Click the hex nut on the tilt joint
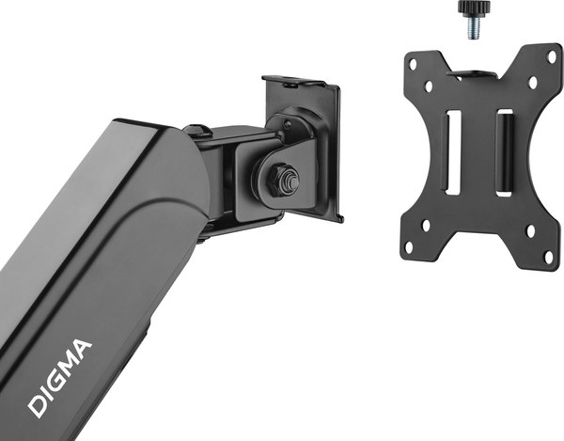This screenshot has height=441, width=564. point(283,180)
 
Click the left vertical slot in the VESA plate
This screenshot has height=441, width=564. point(453,152)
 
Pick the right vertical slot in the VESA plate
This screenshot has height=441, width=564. point(504,150)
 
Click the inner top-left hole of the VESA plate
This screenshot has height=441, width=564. point(429,87)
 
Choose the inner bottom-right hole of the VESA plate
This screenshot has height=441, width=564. point(529,228)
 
